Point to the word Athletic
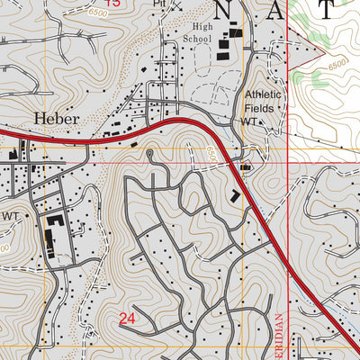pyautogui.click(x=262, y=95)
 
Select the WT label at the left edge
pyautogui.click(x=10, y=216)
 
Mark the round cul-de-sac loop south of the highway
pyautogui.click(x=148, y=154)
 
